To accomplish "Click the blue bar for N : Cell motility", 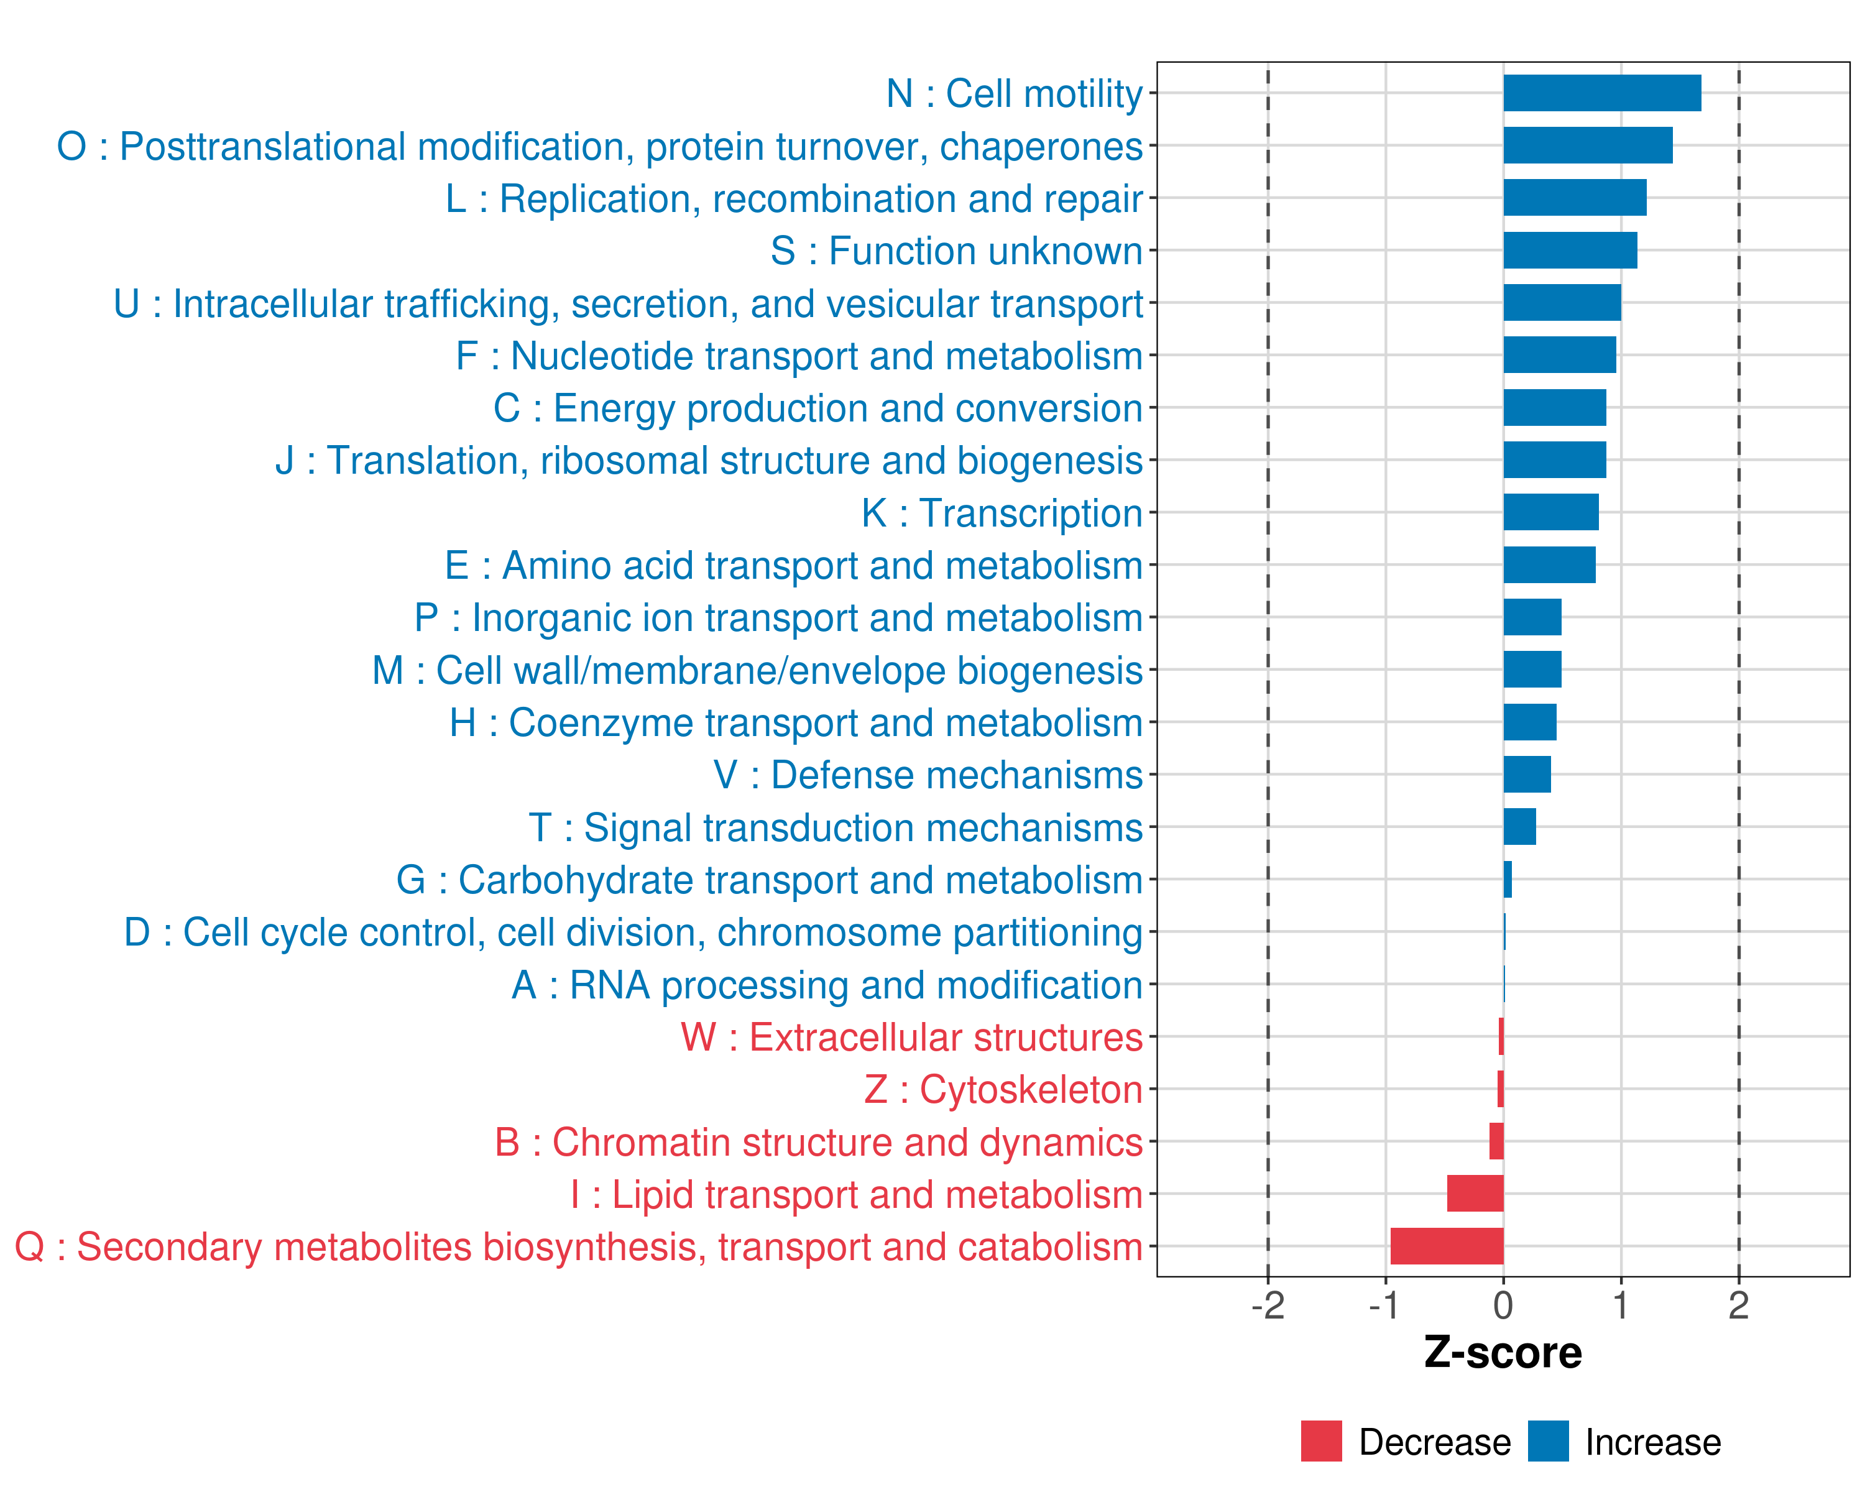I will click(x=1602, y=93).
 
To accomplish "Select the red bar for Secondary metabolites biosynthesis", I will click(x=1447, y=1246).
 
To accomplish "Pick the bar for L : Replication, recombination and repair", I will click(x=1574, y=198).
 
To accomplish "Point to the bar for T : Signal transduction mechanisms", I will click(x=1520, y=827).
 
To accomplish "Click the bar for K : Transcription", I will click(x=1551, y=512).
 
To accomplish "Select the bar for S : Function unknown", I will click(x=1570, y=251).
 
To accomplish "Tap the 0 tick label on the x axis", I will click(x=1503, y=1306).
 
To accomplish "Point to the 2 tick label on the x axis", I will click(x=1739, y=1306).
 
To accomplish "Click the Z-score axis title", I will click(x=1503, y=1353).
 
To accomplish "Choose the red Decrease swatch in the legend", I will click(x=1321, y=1441).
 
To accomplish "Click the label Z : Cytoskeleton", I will click(x=1003, y=1090).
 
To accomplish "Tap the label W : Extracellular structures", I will click(x=912, y=1037).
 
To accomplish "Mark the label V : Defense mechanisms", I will click(x=928, y=775).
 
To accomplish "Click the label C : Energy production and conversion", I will click(x=818, y=408).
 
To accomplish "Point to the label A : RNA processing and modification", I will click(x=827, y=985).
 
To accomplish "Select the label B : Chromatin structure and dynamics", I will click(x=818, y=1143).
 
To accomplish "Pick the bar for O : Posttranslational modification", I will click(x=1587, y=145).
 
